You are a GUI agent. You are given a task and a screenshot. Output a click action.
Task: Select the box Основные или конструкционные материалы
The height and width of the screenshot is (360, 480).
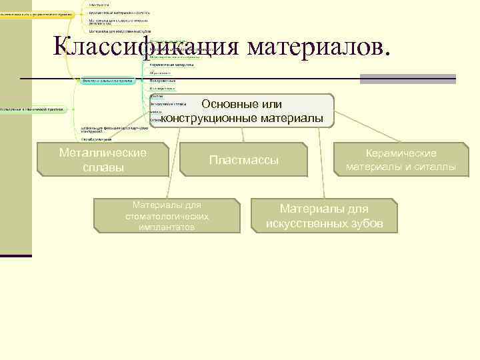tap(241, 111)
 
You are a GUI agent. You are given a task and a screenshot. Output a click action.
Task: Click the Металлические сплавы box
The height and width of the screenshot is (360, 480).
tap(103, 159)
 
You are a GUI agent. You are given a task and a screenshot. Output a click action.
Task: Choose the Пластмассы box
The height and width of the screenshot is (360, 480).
tap(243, 160)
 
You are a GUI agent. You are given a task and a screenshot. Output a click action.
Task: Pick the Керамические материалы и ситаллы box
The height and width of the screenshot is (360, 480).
tap(401, 160)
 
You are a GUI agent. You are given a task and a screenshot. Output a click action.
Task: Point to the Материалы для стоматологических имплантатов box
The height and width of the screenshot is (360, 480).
tap(167, 216)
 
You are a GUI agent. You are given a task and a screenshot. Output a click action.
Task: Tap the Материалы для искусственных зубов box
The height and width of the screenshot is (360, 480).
tap(324, 216)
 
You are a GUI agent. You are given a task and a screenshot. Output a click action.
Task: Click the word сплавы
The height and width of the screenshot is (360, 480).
tap(103, 167)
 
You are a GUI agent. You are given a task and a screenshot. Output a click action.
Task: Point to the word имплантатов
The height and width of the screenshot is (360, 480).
tap(167, 227)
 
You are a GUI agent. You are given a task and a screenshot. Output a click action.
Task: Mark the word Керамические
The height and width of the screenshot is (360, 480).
tap(401, 153)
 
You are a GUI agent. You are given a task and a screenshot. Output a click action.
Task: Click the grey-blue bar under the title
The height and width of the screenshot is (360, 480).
tap(407, 79)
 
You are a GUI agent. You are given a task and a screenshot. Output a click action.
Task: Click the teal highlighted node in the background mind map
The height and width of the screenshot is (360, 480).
tap(107, 81)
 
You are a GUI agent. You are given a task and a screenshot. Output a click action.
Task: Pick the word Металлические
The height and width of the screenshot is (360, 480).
tap(103, 153)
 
